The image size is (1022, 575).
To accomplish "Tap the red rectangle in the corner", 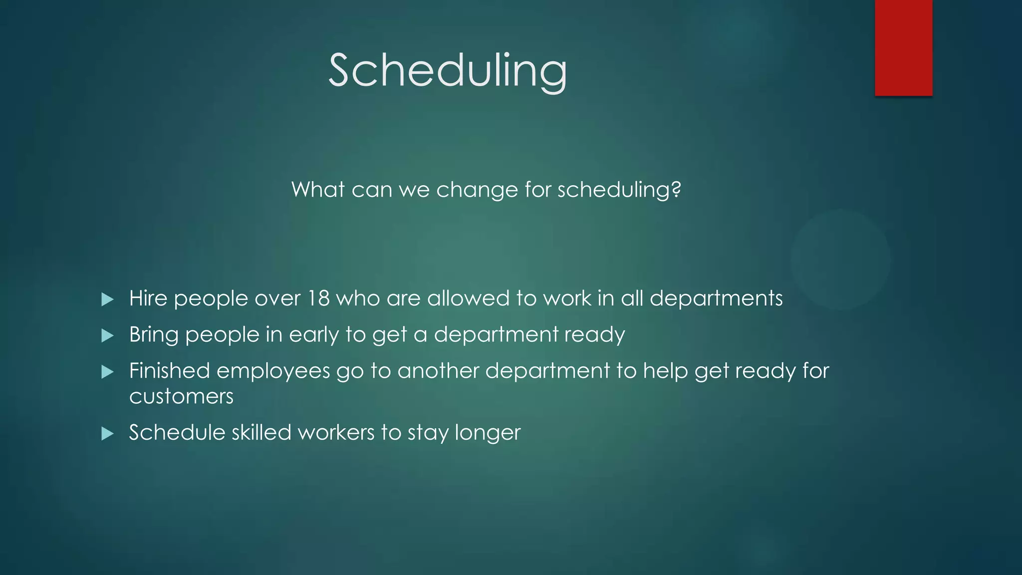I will (x=903, y=47).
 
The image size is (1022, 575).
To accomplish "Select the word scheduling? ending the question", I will (x=619, y=190).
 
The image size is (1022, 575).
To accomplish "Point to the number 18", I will (x=318, y=298).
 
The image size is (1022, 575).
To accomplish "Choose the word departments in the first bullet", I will (x=716, y=298).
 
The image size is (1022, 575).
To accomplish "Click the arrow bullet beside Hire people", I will (x=107, y=299).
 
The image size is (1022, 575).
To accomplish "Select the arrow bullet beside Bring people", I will (x=107, y=335).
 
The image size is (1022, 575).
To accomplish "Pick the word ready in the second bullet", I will (x=594, y=335).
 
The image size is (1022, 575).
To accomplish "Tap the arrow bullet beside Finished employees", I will (x=107, y=372).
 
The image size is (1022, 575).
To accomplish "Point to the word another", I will (x=438, y=371).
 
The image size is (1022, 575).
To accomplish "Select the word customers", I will (x=181, y=397).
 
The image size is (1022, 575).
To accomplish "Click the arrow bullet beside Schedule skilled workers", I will (x=107, y=433).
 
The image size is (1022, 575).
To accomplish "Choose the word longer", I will (x=488, y=433).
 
